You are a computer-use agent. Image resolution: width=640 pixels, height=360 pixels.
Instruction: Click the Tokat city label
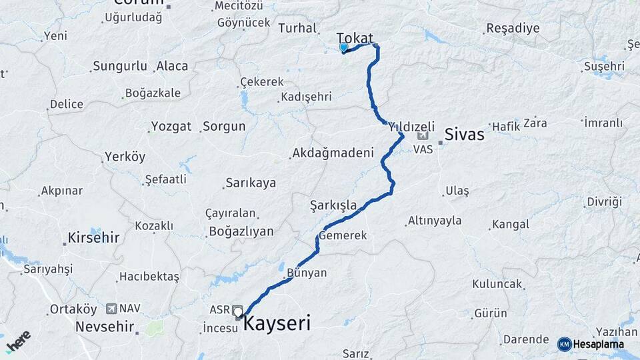tap(355, 38)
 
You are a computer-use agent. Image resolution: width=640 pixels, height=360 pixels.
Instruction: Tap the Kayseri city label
tap(277, 324)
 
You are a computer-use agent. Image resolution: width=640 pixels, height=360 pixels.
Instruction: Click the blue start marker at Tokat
tap(343, 47)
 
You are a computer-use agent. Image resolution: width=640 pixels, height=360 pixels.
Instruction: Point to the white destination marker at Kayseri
tap(238, 311)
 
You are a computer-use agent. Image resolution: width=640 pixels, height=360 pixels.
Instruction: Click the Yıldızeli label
tap(411, 126)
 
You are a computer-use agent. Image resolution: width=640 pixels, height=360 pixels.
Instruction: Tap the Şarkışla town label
tap(333, 205)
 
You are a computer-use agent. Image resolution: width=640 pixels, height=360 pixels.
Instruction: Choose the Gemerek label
tap(343, 236)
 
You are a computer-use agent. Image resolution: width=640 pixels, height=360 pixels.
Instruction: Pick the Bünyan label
tap(307, 273)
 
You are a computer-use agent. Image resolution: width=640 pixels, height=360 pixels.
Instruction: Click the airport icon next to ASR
tap(237, 310)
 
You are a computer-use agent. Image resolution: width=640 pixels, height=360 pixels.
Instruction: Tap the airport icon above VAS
tap(423, 136)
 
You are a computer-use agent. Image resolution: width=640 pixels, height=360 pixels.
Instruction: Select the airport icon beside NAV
tap(111, 309)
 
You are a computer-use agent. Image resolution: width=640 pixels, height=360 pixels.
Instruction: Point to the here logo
tap(19, 341)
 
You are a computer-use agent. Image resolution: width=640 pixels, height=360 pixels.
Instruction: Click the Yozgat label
tap(171, 126)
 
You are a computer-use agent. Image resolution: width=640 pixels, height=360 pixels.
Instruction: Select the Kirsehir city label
tap(93, 237)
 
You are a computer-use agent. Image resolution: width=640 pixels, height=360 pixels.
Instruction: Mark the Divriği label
tap(604, 201)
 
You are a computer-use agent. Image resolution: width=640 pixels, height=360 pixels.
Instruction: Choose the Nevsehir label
tap(103, 327)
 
